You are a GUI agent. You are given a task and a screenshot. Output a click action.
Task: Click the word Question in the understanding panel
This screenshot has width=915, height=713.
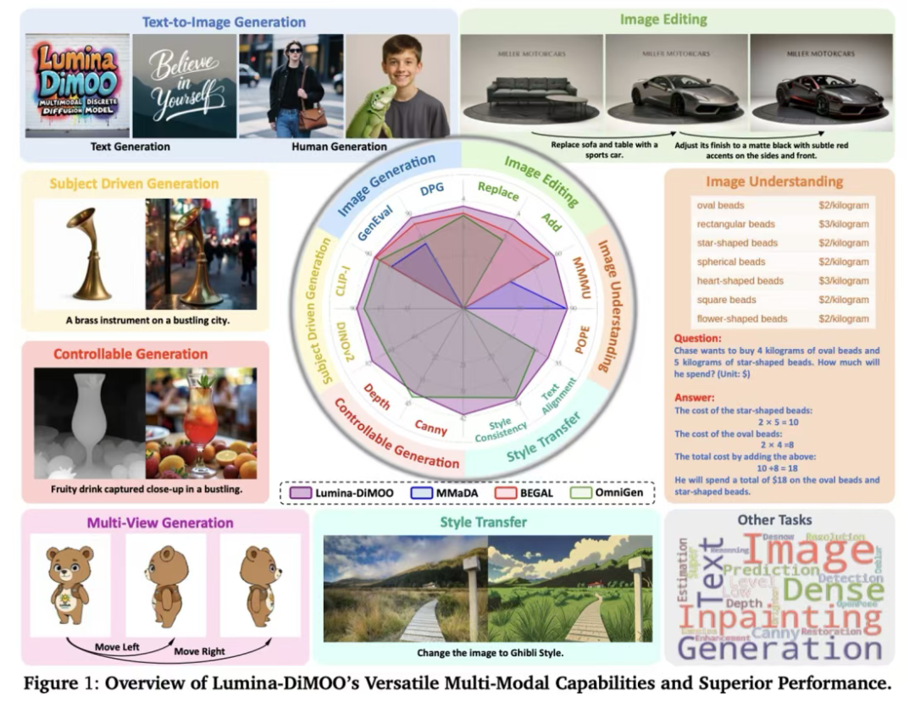pos(697,337)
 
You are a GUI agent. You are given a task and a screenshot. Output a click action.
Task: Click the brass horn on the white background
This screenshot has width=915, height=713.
pos(86,251)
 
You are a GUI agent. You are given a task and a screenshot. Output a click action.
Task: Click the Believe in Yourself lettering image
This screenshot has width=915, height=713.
pos(184,86)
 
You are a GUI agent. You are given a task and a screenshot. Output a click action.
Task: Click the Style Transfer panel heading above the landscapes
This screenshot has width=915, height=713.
pos(483,522)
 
